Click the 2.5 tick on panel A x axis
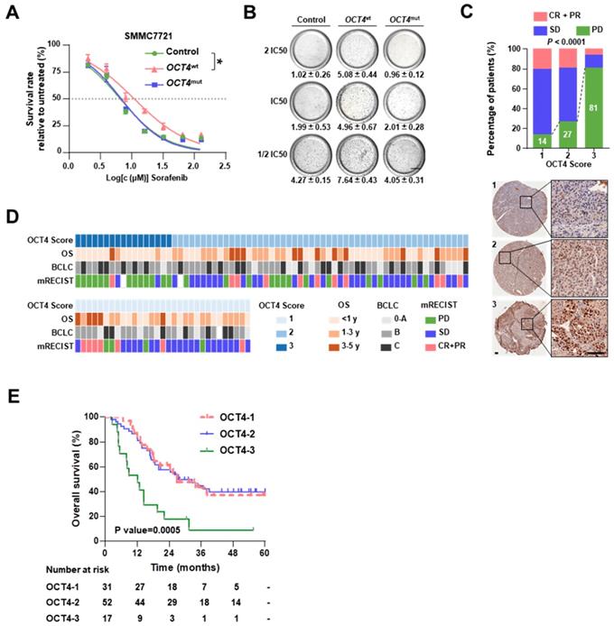coord(223,166)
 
